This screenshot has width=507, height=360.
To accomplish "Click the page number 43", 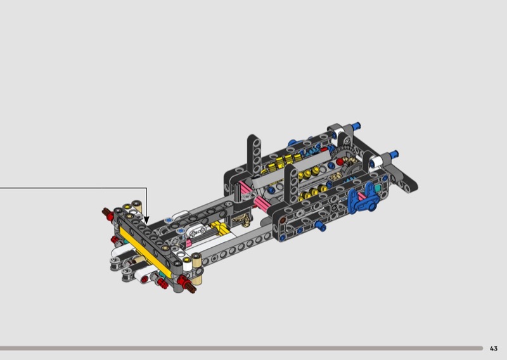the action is [x=494, y=349].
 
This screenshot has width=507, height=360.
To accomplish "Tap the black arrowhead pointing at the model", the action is [x=146, y=220].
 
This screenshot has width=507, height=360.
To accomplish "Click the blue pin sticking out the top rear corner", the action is [x=356, y=125].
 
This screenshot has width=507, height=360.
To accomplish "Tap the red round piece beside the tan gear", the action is [x=340, y=162].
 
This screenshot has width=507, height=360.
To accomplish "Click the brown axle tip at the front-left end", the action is [x=106, y=212].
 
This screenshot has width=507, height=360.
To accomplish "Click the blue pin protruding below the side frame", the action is [x=321, y=226].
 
